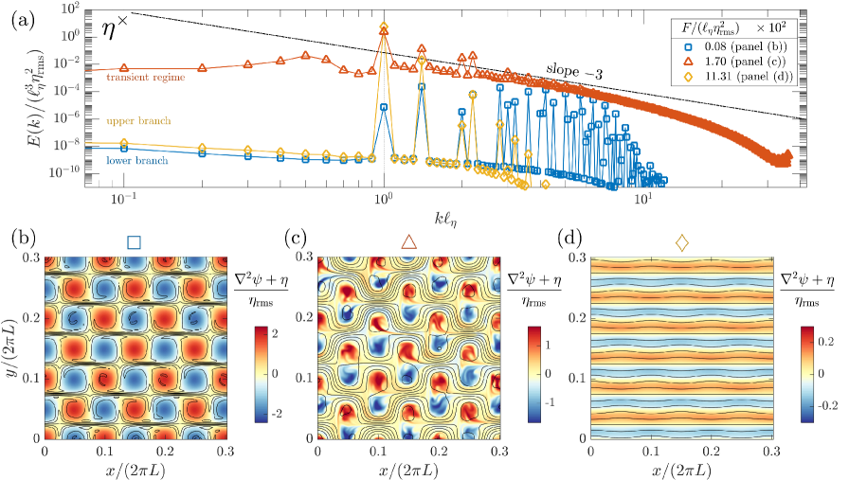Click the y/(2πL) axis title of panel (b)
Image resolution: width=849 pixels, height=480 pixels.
[12, 347]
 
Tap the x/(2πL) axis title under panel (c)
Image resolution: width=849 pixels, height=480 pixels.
[408, 469]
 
